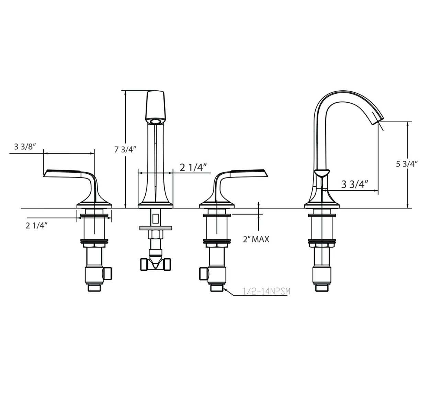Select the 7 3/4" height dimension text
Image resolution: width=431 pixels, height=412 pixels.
[x=125, y=150]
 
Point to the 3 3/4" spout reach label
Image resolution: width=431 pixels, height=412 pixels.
[x=355, y=184]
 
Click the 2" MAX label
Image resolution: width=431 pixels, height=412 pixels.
[x=256, y=239]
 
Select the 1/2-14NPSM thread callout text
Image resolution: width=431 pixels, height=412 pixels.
[x=266, y=291]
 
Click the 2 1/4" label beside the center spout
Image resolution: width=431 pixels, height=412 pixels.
[x=193, y=167]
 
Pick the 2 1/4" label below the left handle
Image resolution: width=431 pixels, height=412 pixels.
[x=36, y=226]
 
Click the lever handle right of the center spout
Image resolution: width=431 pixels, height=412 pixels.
[x=247, y=173]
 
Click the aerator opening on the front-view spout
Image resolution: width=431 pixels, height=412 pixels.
[x=156, y=121]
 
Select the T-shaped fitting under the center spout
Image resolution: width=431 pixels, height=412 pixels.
[x=156, y=264]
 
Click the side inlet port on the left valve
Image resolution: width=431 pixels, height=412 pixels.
[x=108, y=273]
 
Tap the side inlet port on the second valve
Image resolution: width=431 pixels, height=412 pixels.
[x=203, y=273]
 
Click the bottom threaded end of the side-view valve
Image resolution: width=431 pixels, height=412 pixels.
[x=322, y=288]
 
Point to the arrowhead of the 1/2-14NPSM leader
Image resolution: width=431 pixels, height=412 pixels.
[x=225, y=289]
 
